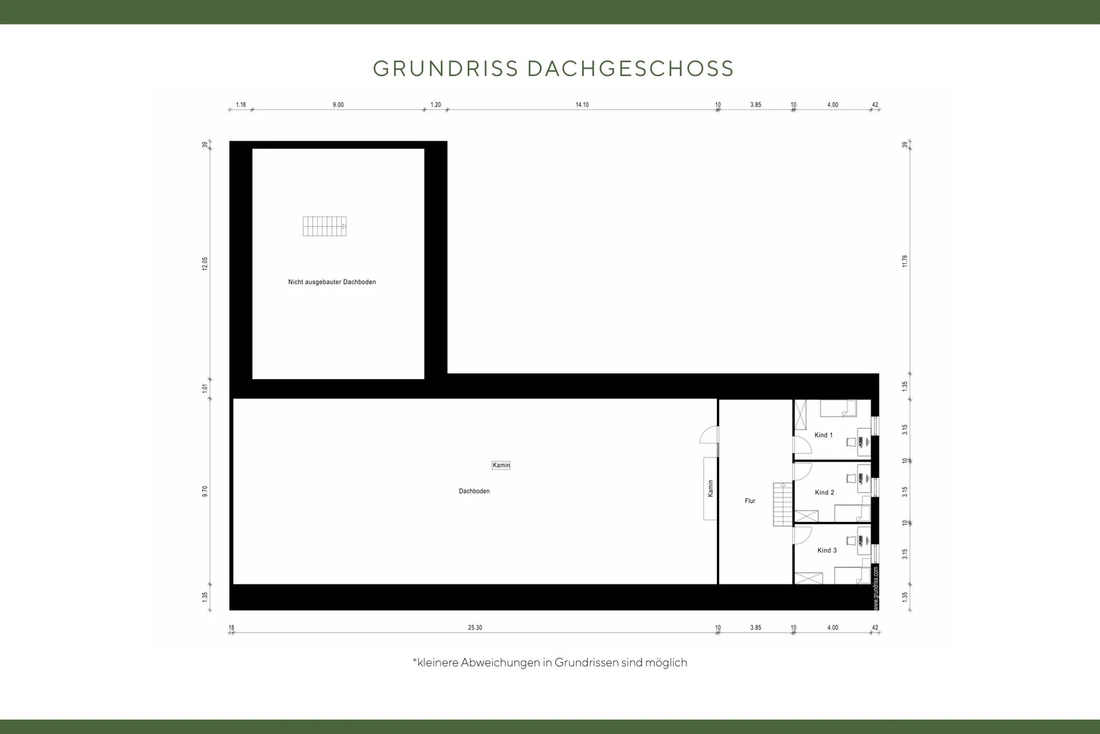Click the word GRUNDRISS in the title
pos(445,69)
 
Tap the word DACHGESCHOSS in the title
pos(631,69)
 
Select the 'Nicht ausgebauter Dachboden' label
pos(332,281)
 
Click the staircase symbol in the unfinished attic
pos(325,226)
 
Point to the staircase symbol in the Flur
pos(783,504)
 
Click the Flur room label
pos(750,501)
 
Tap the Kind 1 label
pos(824,435)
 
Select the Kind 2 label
pos(824,493)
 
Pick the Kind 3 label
pos(827,550)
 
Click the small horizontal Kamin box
pos(501,465)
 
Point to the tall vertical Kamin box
pos(710,489)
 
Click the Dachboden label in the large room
pos(474,491)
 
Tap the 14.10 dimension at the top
pos(582,105)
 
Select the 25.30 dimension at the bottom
pos(475,628)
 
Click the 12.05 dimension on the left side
pos(205,264)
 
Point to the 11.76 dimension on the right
pos(904,261)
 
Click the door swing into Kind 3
pos(803,536)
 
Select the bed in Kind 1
pos(839,408)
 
